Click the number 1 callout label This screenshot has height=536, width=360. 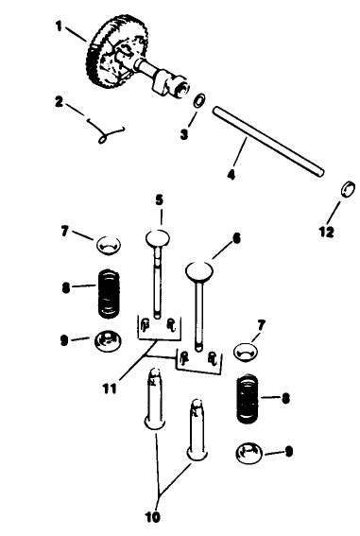57,27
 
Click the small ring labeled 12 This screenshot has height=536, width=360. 346,187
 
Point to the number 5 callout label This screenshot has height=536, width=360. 160,199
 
